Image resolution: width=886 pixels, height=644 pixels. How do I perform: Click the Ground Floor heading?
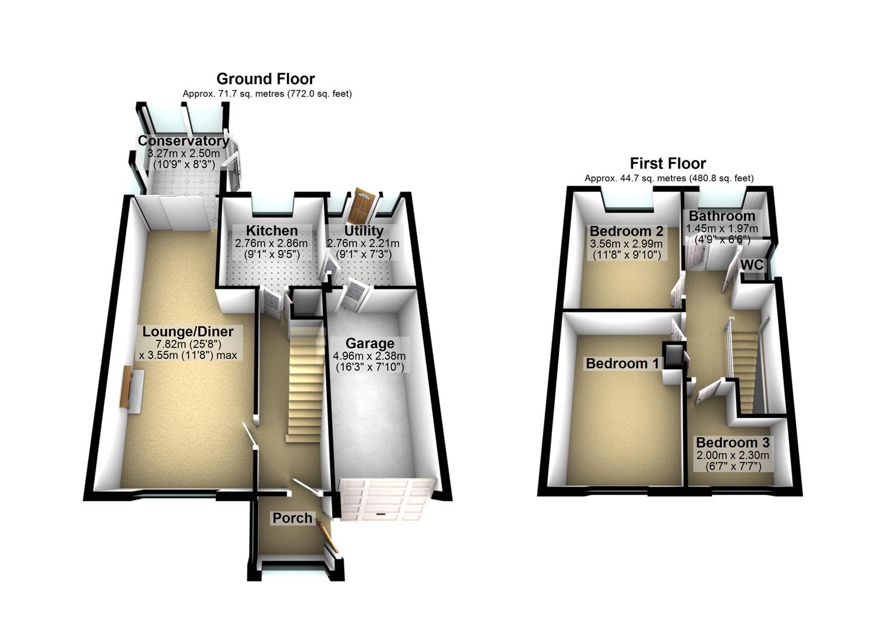click(266, 79)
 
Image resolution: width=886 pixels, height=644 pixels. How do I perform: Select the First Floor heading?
click(668, 163)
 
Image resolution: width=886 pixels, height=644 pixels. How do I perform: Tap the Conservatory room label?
click(183, 141)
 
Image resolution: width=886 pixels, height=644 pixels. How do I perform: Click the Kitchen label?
click(271, 231)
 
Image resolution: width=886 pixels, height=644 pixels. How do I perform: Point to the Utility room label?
click(363, 231)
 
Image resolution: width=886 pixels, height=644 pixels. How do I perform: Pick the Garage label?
click(370, 343)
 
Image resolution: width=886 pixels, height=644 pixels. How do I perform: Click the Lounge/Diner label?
click(187, 332)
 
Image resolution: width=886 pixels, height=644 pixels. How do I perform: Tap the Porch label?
click(292, 518)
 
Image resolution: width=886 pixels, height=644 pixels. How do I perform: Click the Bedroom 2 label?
click(626, 231)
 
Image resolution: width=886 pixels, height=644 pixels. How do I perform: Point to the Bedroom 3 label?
click(732, 443)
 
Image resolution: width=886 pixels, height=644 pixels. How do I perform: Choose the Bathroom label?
click(722, 216)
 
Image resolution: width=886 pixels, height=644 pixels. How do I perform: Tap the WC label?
click(752, 264)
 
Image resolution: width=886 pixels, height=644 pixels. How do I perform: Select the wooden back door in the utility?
click(362, 206)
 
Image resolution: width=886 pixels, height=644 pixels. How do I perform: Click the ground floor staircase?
click(304, 382)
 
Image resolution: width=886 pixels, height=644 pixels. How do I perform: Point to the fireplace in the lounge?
click(126, 388)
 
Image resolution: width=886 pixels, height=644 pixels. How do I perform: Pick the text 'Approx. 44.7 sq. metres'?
click(635, 178)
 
